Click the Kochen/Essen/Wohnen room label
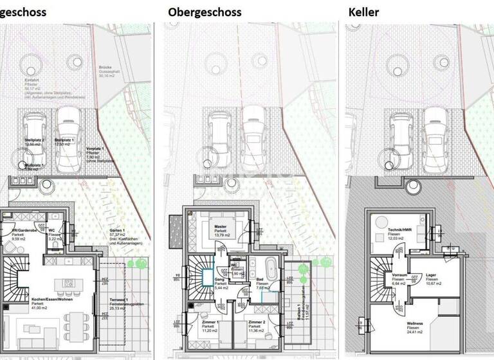(x=27, y=300)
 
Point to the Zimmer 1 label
(x=208, y=321)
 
